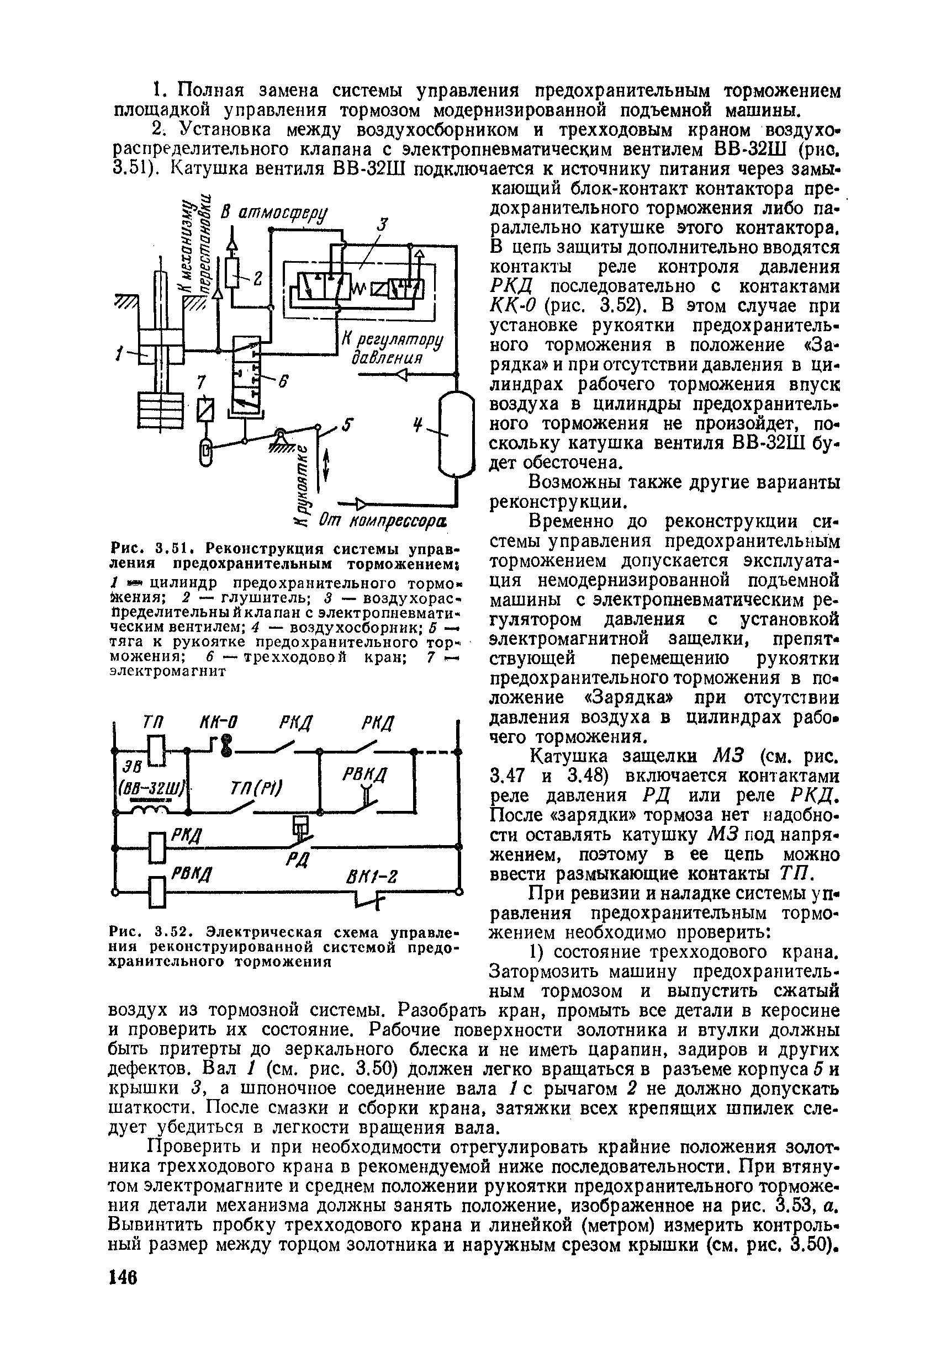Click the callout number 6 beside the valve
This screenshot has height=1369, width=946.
coord(283,383)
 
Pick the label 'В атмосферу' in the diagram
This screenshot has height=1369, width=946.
coord(276,214)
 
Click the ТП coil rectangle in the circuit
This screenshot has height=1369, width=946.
coord(156,751)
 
